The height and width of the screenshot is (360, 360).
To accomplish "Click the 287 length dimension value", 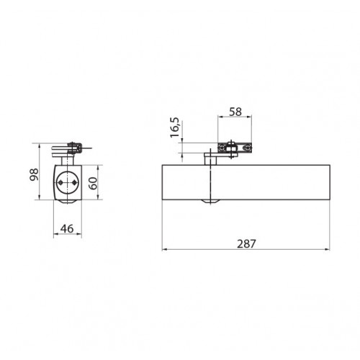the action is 246,244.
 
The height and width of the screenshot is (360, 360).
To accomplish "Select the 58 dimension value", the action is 235,112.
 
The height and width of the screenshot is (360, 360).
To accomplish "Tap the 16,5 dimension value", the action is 175,127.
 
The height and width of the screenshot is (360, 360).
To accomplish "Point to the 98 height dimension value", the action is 34,174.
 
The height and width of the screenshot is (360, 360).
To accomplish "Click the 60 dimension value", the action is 93,183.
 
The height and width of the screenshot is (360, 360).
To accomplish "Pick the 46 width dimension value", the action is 67,229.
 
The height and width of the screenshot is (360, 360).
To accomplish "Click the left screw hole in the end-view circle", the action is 60,183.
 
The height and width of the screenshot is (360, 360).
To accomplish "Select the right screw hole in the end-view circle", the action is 74,183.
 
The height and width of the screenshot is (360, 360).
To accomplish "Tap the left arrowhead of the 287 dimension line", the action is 165,250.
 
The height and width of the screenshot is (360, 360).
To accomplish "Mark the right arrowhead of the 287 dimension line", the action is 327,250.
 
